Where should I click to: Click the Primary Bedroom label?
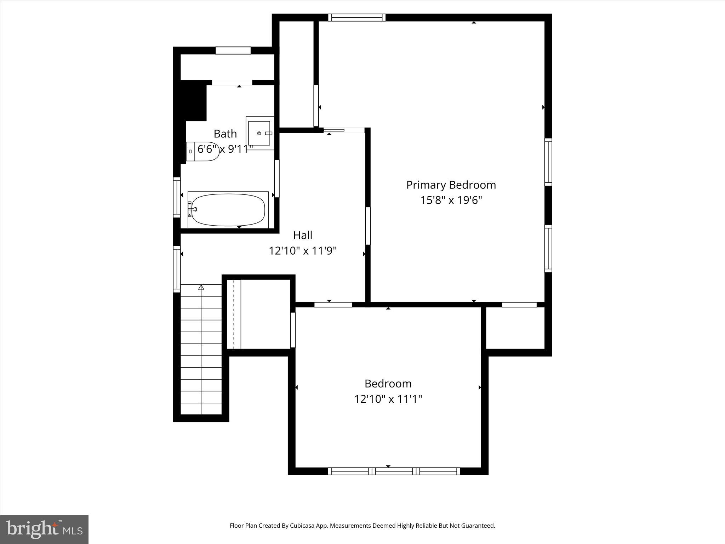[451, 185]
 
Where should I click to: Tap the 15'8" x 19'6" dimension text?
[451, 200]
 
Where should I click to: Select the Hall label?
[303, 235]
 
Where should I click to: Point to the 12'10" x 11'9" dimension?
[303, 251]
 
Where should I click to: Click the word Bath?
[225, 134]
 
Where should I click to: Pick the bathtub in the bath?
[228, 210]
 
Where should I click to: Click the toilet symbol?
[202, 152]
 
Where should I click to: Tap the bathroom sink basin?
[259, 133]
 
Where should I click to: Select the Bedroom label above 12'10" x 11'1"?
[388, 384]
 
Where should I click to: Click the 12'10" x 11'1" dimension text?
[388, 399]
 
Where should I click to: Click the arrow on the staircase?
[201, 288]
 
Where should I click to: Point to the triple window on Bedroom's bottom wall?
[394, 471]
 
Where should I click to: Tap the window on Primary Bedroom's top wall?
[356, 17]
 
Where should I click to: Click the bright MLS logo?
[44, 529]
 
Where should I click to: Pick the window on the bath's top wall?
[233, 51]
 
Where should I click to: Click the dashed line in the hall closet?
[234, 314]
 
